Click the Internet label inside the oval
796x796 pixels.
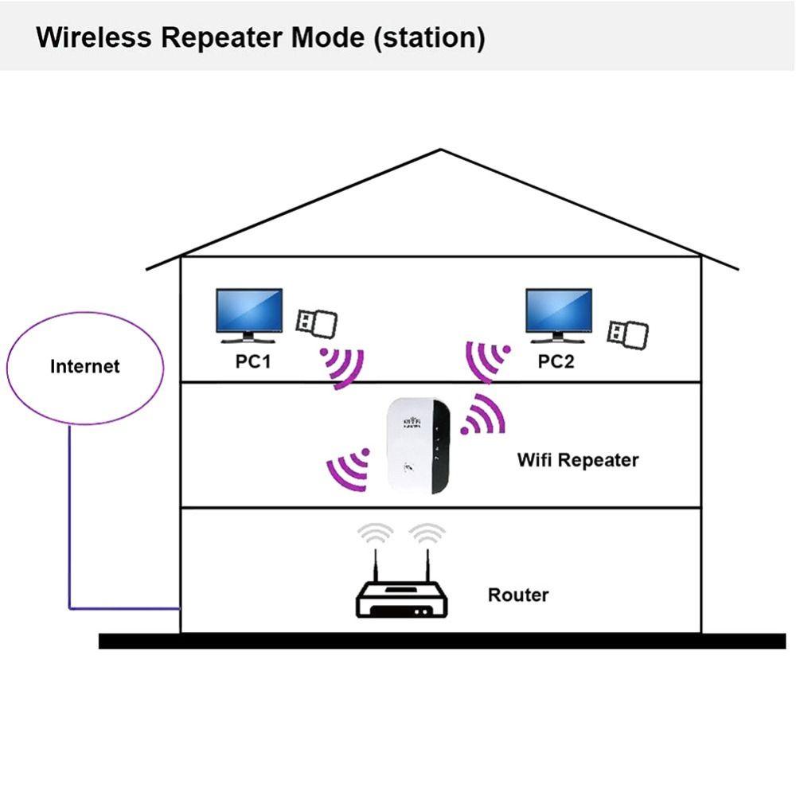click(84, 366)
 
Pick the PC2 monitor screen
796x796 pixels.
click(558, 310)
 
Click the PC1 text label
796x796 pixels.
click(253, 361)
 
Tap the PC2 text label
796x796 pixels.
click(556, 361)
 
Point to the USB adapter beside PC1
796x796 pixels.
click(316, 322)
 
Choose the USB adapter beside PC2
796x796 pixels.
click(627, 333)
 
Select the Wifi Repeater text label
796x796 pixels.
click(577, 459)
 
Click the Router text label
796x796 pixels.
click(518, 595)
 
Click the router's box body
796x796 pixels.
click(401, 601)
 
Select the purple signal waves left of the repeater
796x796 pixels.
click(348, 470)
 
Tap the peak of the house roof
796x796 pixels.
click(441, 150)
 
